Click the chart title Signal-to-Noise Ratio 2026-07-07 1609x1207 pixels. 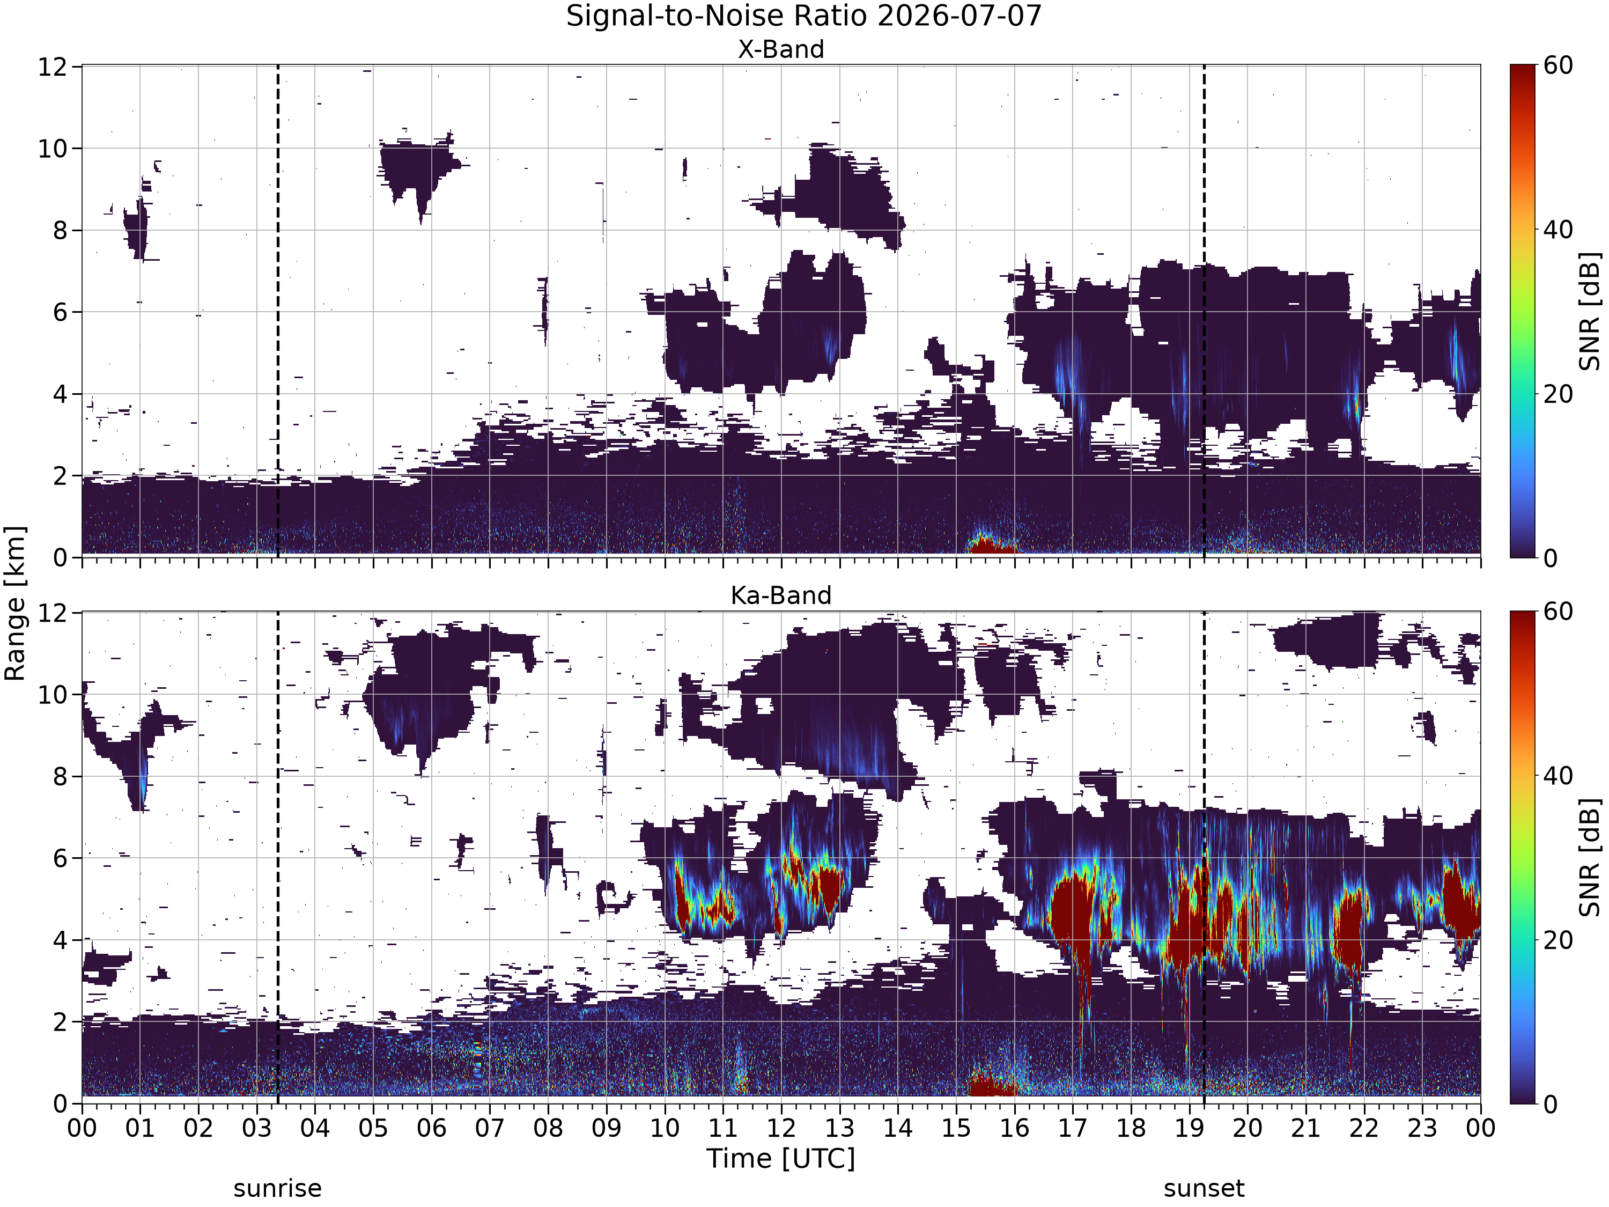tap(804, 16)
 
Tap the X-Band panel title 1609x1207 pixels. tap(781, 49)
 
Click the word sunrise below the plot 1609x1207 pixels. tap(277, 1189)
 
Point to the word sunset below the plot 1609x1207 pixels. tap(1204, 1189)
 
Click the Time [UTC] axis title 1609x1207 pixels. tap(781, 1158)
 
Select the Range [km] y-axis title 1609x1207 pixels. tap(14, 604)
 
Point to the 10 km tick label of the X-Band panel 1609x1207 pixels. tap(53, 149)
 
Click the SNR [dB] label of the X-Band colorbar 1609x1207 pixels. tap(1591, 311)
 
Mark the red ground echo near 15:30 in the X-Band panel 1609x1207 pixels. tap(989, 546)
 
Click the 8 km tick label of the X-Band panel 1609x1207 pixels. tap(61, 231)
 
